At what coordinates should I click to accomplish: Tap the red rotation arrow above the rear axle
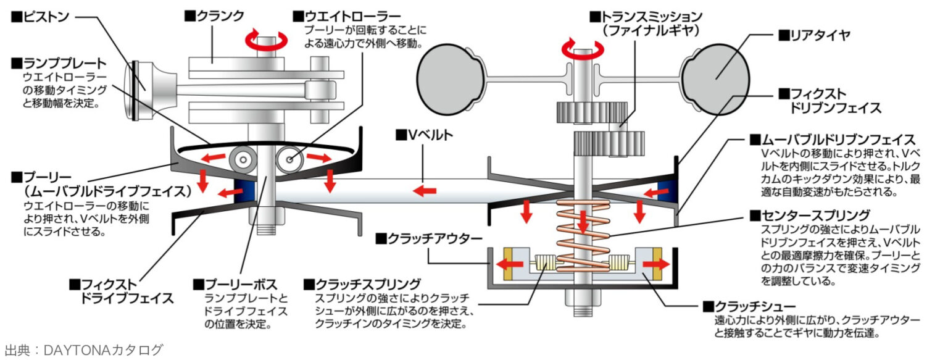[580, 49]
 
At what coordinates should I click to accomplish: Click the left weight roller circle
[241, 160]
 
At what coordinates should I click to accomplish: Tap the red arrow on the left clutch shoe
[509, 264]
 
